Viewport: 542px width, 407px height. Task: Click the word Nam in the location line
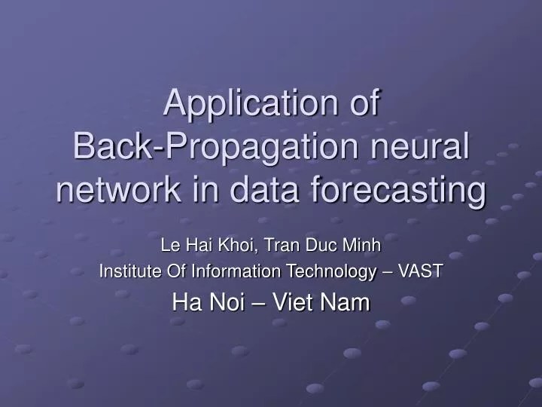[346, 302]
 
